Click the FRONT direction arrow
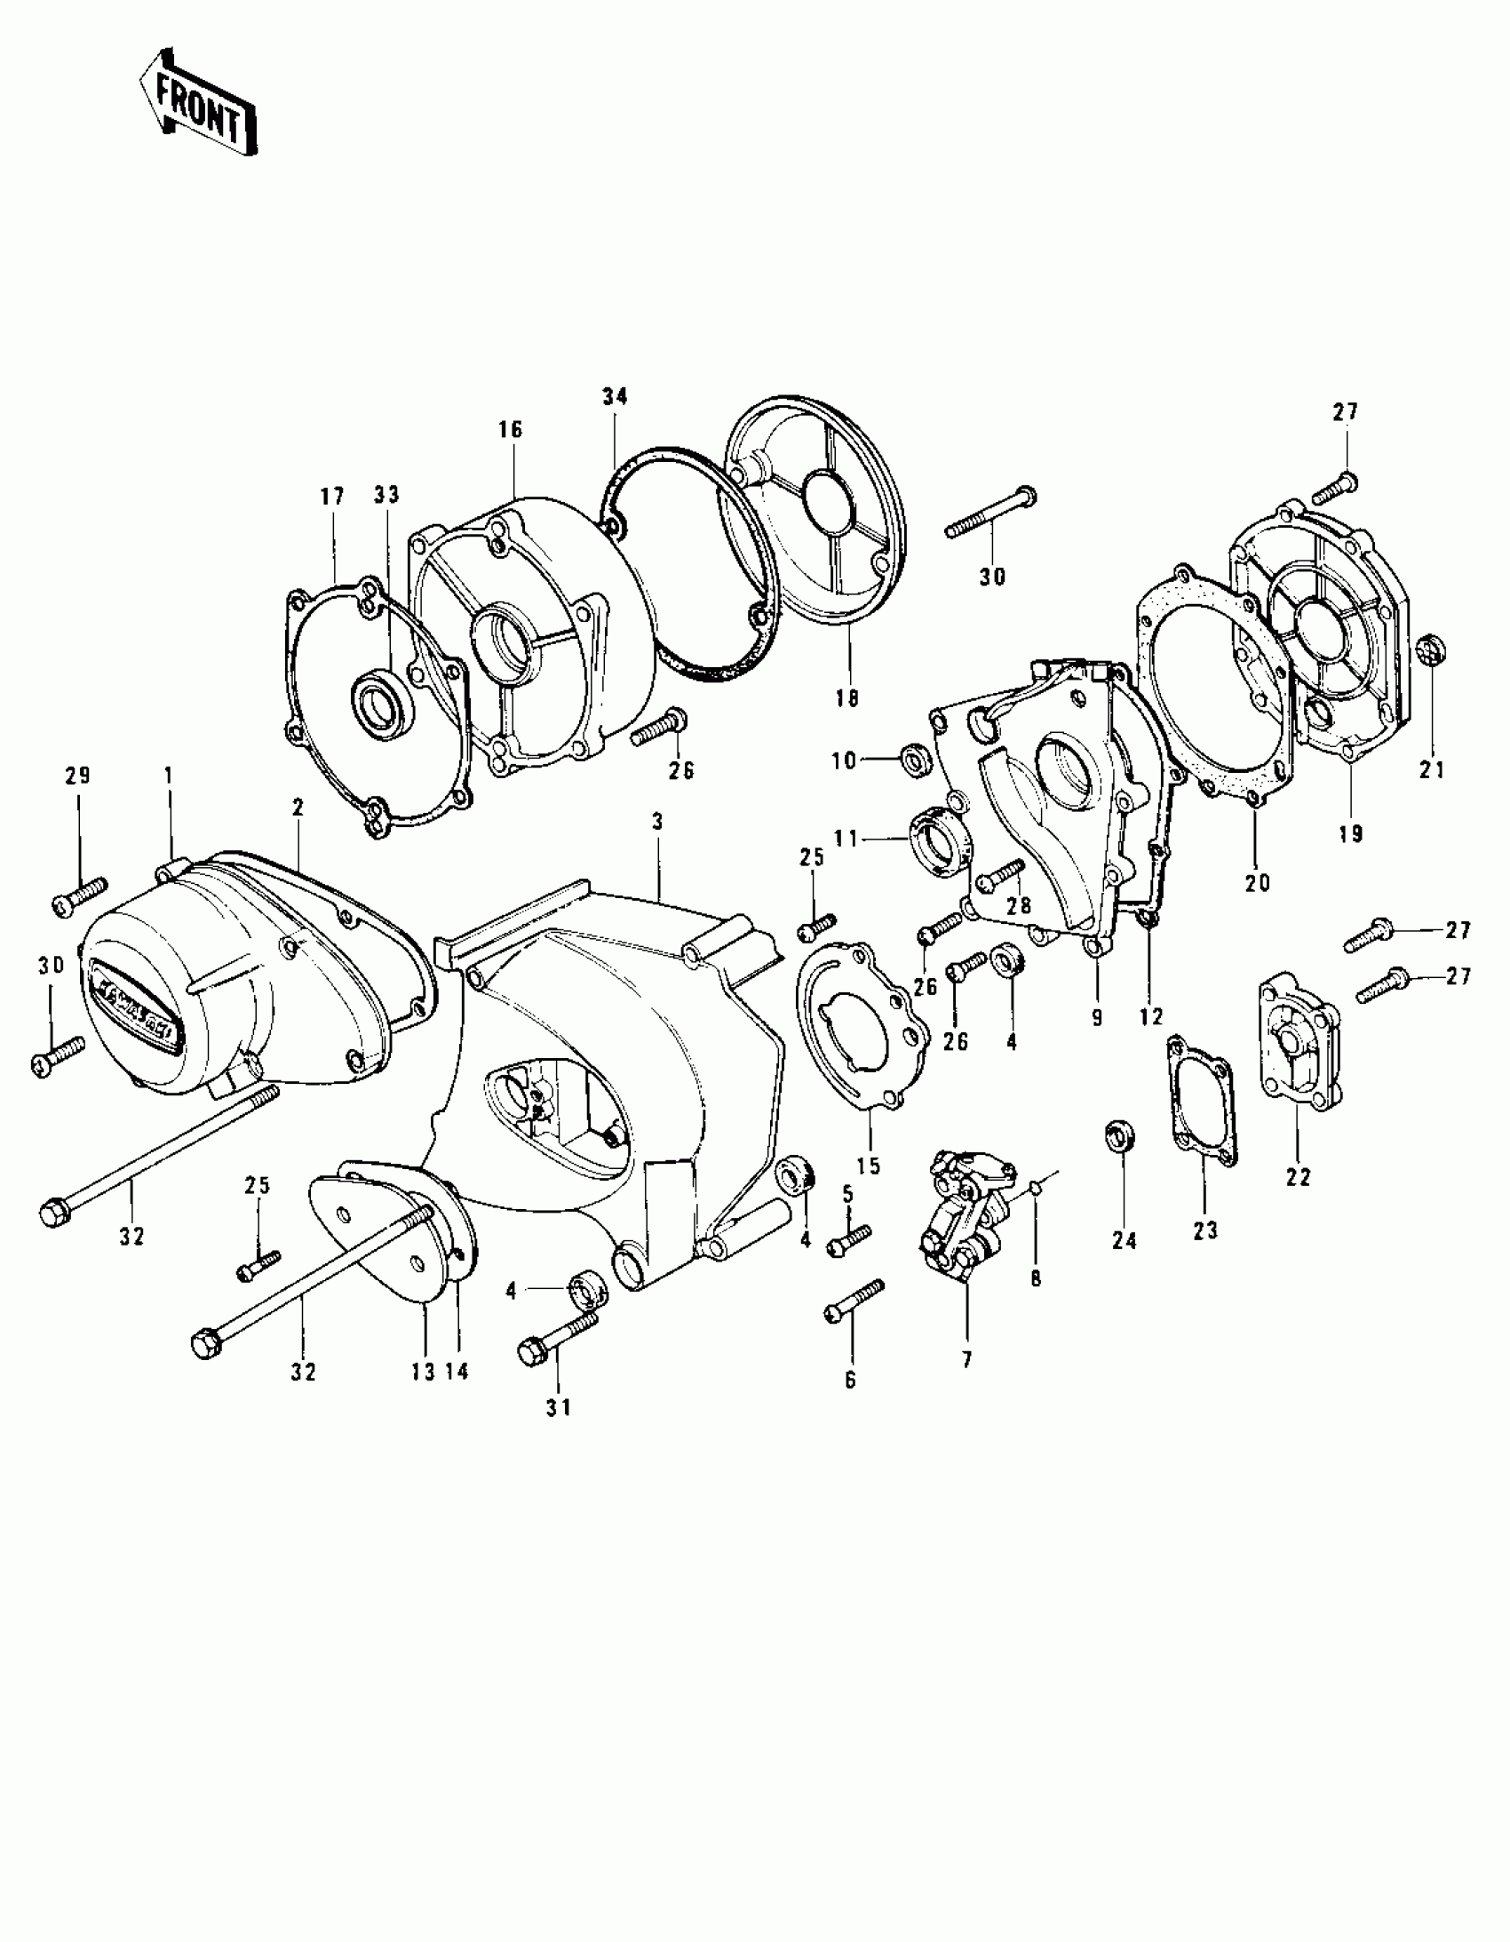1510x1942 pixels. coord(197,105)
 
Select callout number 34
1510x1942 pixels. coord(615,397)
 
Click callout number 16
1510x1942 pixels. coord(511,430)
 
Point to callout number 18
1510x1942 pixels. coord(847,698)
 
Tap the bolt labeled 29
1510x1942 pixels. coord(80,895)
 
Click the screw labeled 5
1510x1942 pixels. coord(848,1238)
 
